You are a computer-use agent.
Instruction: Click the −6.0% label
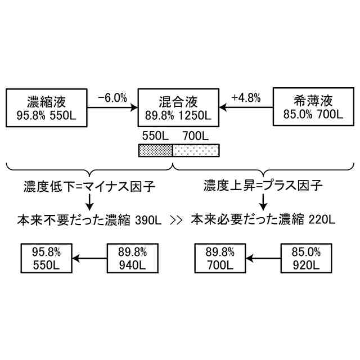coord(112,97)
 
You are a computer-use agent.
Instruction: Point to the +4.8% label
coord(246,97)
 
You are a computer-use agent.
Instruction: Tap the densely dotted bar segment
coord(155,150)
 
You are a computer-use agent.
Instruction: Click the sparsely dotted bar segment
coord(195,150)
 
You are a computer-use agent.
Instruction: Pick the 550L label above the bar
coord(156,136)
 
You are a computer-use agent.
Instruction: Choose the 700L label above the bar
coord(195,136)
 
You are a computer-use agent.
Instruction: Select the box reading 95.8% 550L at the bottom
coord(47,258)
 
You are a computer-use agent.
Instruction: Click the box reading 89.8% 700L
coord(221,258)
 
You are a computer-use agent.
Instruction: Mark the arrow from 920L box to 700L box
coord(264,259)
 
